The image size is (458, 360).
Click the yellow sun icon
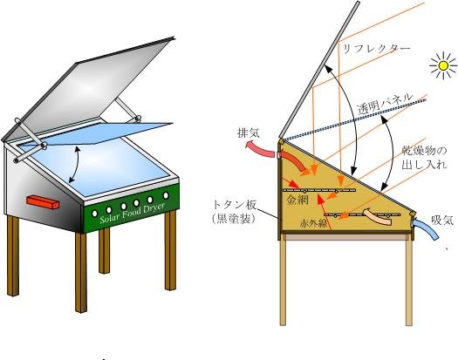click(443, 66)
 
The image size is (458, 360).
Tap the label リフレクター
click(377, 49)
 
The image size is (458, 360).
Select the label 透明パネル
click(386, 104)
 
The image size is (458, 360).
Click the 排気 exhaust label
click(249, 133)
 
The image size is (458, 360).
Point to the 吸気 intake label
click(442, 221)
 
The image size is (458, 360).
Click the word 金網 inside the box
click(297, 200)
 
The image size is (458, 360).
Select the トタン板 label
click(235, 205)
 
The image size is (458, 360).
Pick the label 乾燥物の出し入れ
click(424, 158)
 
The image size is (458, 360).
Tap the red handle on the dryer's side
click(43, 202)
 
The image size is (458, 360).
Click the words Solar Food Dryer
click(133, 212)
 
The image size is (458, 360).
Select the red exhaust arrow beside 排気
click(261, 148)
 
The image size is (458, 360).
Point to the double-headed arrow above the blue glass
click(73, 165)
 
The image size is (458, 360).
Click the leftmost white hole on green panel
click(94, 214)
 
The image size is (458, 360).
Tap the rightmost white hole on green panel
click(166, 195)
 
